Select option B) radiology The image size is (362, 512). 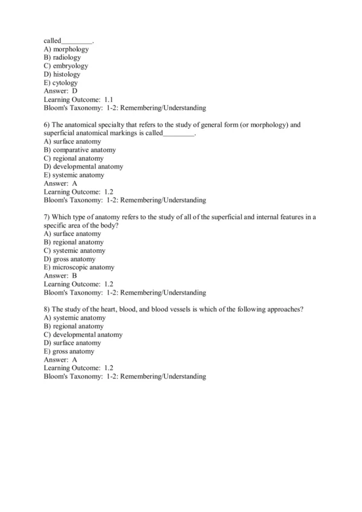click(63, 57)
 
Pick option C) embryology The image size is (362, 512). click(66, 66)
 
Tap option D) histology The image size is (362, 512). click(62, 74)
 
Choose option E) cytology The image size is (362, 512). click(61, 83)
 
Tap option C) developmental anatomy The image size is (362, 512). click(83, 334)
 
